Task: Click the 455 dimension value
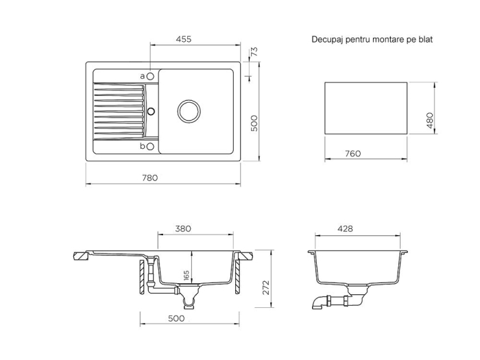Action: (184, 39)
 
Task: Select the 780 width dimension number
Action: (149, 178)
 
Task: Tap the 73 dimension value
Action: (254, 51)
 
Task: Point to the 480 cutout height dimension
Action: (430, 120)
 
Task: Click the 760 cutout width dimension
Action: (353, 154)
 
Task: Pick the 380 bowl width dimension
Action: (183, 228)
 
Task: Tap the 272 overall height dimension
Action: (266, 287)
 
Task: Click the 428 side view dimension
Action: (345, 228)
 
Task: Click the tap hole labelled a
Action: (150, 76)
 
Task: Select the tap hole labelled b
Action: (150, 147)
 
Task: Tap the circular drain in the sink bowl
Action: (189, 111)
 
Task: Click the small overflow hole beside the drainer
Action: (151, 111)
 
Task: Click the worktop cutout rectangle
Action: (365, 82)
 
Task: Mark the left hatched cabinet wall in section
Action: (142, 277)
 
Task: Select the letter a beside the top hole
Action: (143, 76)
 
